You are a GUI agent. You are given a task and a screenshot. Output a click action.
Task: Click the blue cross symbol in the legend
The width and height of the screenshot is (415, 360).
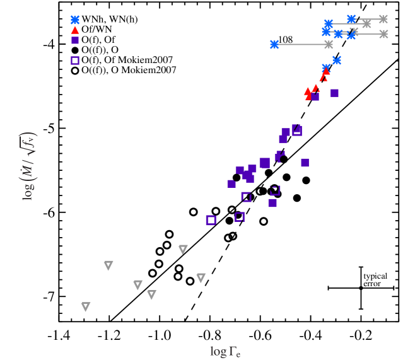click(x=75, y=20)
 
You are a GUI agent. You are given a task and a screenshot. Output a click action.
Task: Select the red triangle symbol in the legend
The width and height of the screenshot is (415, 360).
click(x=75, y=30)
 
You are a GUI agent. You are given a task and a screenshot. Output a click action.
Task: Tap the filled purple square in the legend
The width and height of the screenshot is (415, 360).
click(x=75, y=40)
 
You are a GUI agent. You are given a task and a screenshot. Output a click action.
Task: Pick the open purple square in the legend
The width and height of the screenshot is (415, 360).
click(x=75, y=61)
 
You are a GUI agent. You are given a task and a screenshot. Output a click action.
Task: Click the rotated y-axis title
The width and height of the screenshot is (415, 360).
click(x=29, y=166)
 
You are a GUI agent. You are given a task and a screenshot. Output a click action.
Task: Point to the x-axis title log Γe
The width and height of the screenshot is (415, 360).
click(x=225, y=351)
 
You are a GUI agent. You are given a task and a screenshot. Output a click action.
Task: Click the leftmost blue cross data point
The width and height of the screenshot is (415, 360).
click(x=274, y=44)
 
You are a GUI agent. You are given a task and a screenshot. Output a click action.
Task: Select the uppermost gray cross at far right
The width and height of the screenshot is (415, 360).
click(x=383, y=20)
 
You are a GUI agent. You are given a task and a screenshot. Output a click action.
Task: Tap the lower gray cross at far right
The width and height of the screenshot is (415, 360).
click(x=383, y=34)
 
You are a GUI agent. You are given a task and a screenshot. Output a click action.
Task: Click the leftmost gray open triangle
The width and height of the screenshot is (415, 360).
click(x=86, y=306)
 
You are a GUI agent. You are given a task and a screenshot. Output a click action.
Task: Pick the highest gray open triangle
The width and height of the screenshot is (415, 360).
click(x=183, y=249)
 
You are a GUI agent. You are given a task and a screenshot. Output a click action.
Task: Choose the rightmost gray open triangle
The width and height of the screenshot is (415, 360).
click(x=201, y=277)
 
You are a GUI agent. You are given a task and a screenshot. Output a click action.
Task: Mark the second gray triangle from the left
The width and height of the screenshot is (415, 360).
click(x=108, y=265)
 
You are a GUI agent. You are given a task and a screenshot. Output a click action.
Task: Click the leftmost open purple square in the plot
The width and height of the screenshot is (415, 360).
click(x=211, y=220)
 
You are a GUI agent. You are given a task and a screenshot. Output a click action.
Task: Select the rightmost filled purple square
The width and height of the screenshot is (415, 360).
click(x=334, y=93)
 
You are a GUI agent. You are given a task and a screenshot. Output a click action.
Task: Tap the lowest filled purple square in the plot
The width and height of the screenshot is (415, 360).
click(x=272, y=203)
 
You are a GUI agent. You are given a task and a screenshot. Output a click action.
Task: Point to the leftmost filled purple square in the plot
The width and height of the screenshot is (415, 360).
click(x=231, y=183)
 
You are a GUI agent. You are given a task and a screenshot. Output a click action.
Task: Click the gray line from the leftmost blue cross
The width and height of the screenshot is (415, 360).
click(x=301, y=44)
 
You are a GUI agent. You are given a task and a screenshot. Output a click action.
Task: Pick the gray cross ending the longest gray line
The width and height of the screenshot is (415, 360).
click(x=329, y=44)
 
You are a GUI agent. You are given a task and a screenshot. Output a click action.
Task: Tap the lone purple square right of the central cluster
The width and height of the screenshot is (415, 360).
click(x=305, y=163)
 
